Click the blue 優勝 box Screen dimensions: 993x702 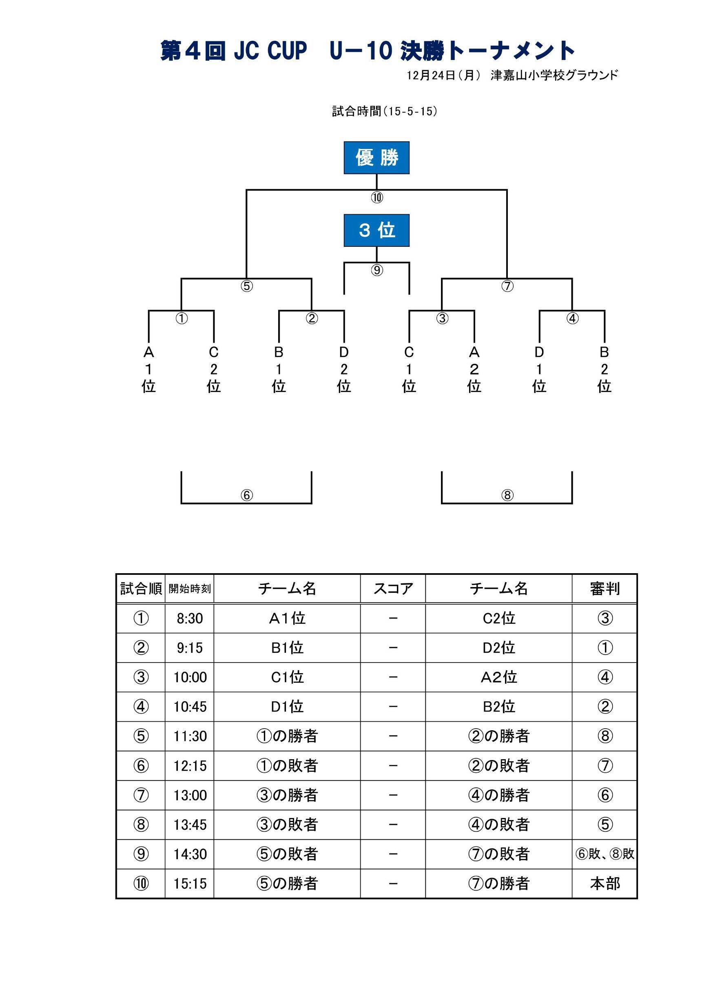pos(376,157)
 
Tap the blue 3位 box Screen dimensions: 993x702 pos(376,230)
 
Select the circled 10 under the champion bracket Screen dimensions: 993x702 pos(377,197)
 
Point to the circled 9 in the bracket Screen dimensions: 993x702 pos(377,270)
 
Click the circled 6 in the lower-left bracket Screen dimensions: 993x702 pos(246,495)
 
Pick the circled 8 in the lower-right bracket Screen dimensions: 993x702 pos(507,495)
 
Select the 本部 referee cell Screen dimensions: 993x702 pos(605,883)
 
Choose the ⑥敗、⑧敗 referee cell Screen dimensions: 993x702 pos(605,854)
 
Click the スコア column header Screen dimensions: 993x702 pos(393,589)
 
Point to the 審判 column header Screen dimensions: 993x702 pos(605,589)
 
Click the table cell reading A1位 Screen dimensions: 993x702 pos(287,618)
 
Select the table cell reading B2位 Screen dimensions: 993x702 pos(499,707)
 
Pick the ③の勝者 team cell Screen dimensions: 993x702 pos(287,795)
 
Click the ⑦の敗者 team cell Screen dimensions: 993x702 pos(499,854)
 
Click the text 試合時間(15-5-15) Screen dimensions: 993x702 pos(385,112)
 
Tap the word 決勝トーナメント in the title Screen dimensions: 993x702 pos(487,51)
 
